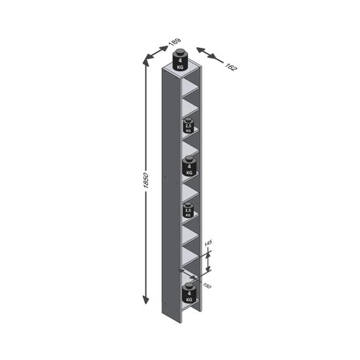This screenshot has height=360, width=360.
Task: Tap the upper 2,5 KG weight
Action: (189, 126)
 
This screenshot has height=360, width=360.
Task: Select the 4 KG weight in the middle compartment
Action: (189, 168)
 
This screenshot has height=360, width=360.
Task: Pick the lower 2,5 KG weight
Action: (189, 210)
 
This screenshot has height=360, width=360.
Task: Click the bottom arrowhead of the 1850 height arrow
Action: (145, 302)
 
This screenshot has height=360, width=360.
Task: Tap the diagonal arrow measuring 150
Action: (191, 276)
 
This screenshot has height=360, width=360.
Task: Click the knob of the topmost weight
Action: (181, 51)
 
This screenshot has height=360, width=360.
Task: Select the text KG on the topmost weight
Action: (181, 66)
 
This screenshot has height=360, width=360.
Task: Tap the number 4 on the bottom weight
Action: (189, 293)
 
